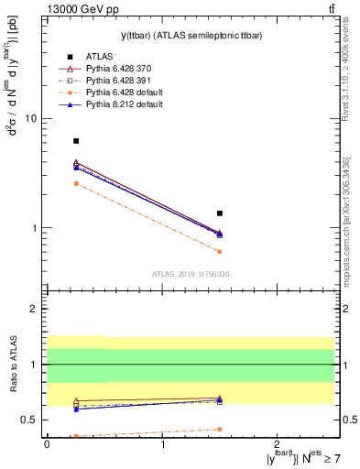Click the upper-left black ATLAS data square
pos(76,141)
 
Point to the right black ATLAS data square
pos(220,213)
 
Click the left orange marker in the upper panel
pos(76,183)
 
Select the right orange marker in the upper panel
pos(220,251)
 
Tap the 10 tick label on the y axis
pos(30,119)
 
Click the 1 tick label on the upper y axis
pos(34,228)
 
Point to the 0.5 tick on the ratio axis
pos(29,420)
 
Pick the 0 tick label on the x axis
pos(47,444)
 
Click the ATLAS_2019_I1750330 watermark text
pos(191,274)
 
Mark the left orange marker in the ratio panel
pos(76,436)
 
